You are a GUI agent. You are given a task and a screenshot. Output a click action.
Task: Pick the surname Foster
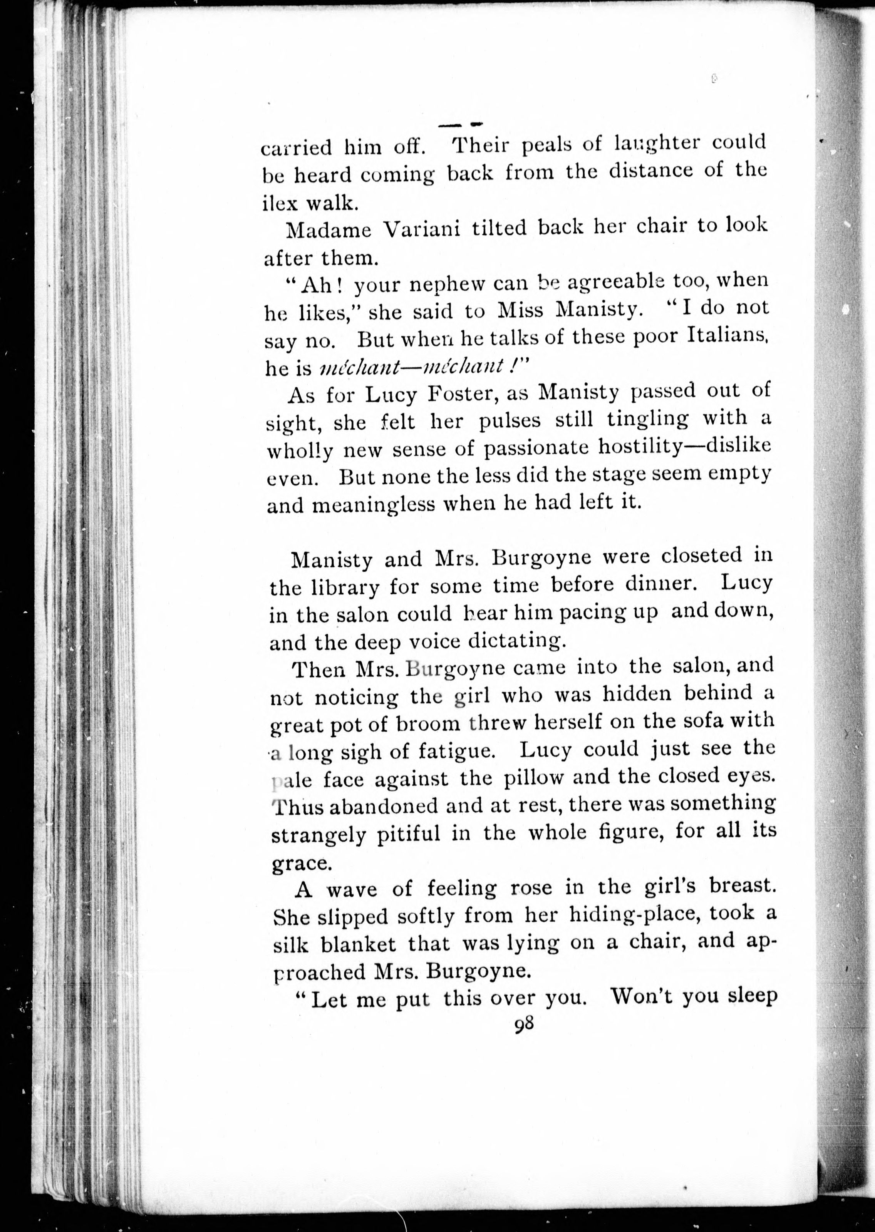click(x=456, y=395)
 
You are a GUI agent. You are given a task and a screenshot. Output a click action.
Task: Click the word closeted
click(x=691, y=556)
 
